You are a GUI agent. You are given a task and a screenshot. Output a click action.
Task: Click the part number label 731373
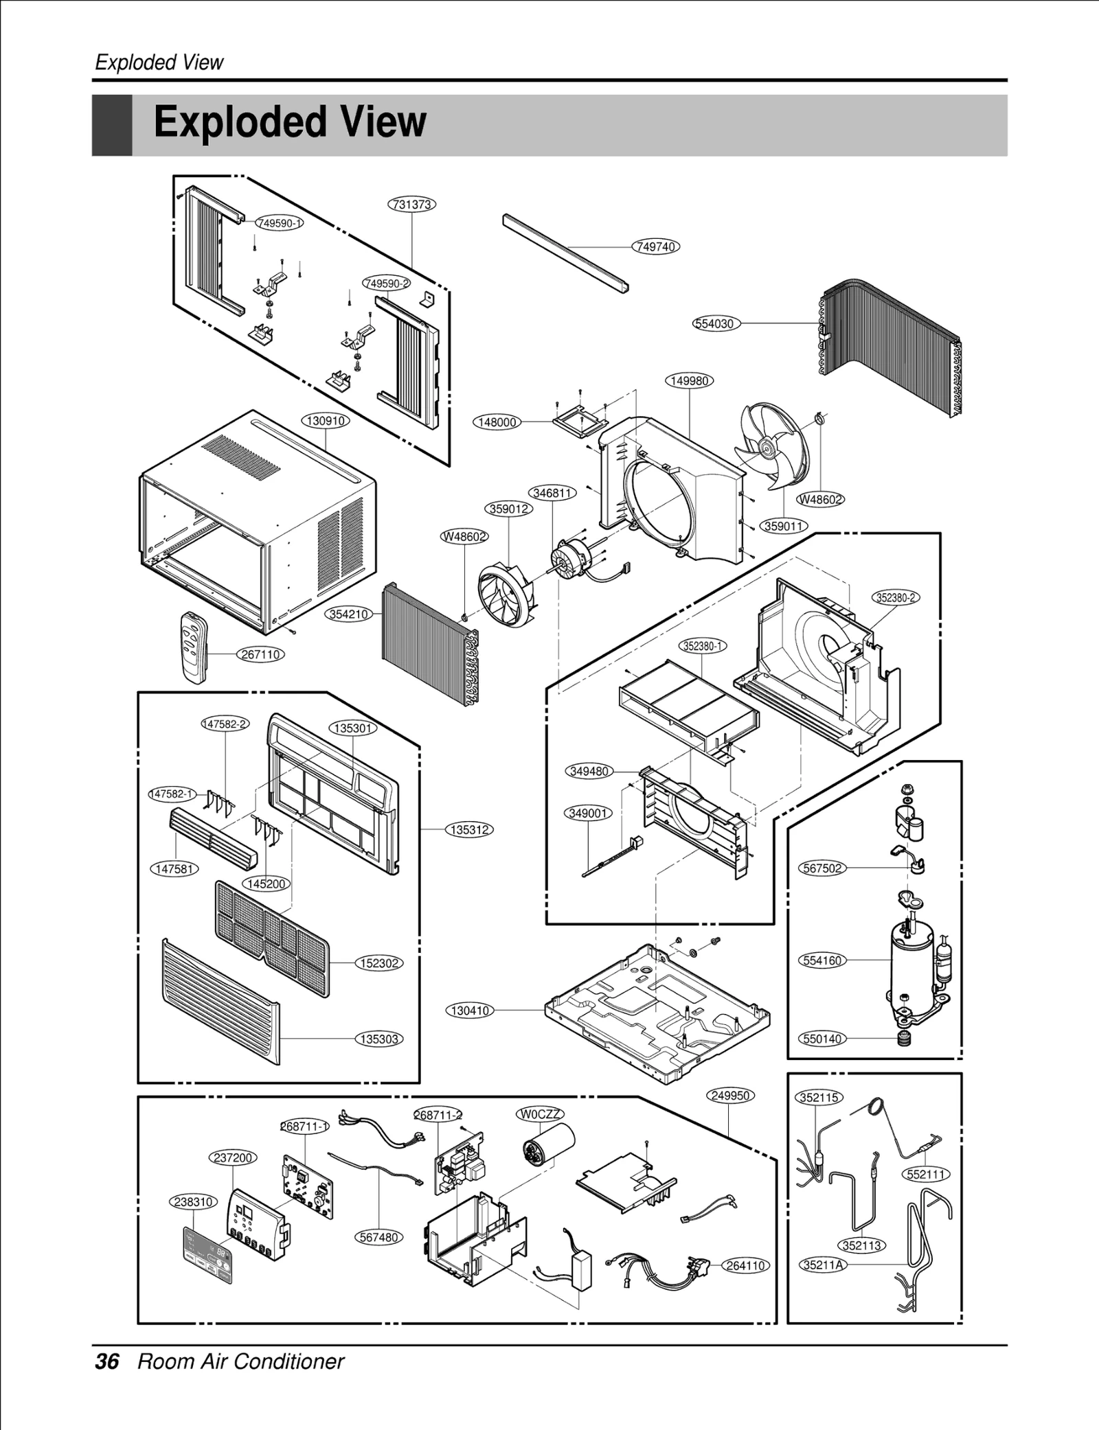point(412,204)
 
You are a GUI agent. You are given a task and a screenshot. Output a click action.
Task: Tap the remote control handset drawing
point(193,646)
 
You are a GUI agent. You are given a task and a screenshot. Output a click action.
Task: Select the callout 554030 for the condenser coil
point(716,323)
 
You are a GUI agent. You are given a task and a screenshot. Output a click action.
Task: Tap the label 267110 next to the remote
point(260,654)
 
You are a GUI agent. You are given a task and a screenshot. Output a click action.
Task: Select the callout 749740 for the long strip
point(655,246)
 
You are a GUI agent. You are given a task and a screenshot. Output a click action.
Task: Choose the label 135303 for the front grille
point(379,1039)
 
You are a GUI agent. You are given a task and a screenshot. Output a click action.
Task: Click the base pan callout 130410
point(470,1010)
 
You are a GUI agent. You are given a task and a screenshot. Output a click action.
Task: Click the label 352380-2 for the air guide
point(896,597)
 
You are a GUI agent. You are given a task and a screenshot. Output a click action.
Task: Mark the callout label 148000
point(497,422)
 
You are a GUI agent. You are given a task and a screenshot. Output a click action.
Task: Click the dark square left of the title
point(112,125)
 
